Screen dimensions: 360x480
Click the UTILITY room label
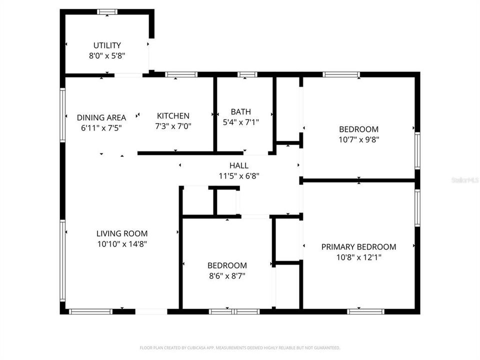pyautogui.click(x=107, y=45)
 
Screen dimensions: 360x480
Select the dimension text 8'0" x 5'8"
pyautogui.click(x=107, y=56)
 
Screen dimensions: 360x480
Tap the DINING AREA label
pyautogui.click(x=101, y=117)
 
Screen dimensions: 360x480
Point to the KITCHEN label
pyautogui.click(x=173, y=115)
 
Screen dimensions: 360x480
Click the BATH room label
pyautogui.click(x=240, y=111)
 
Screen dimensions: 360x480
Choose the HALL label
pyautogui.click(x=238, y=165)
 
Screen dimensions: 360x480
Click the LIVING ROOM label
pyautogui.click(x=121, y=233)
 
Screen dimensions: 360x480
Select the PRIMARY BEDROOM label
pyautogui.click(x=358, y=247)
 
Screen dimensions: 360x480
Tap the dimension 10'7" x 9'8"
pyautogui.click(x=358, y=139)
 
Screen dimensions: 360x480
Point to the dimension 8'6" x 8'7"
pyautogui.click(x=227, y=275)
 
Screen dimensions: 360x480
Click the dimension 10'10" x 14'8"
pyautogui.click(x=121, y=244)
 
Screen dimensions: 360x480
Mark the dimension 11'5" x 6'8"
pyautogui.click(x=238, y=176)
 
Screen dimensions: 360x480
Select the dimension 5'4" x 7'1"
pyautogui.click(x=240, y=121)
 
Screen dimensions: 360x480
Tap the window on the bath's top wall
pyautogui.click(x=246, y=74)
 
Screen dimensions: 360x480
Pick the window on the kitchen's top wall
pyautogui.click(x=181, y=74)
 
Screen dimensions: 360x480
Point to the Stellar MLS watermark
pyautogui.click(x=465, y=179)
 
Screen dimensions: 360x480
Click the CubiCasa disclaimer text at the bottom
pyautogui.click(x=240, y=347)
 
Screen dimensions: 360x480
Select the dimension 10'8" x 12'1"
pyautogui.click(x=358, y=257)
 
